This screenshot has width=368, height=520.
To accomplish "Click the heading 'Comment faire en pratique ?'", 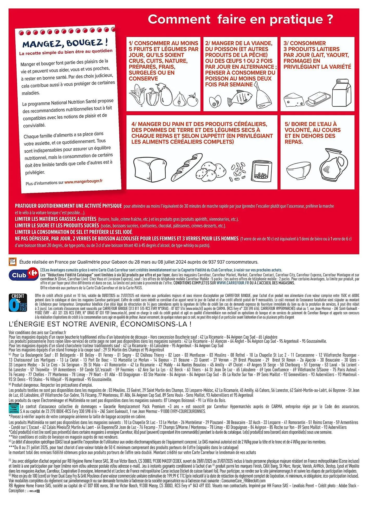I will [240, 19].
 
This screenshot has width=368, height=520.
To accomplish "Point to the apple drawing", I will [193, 100].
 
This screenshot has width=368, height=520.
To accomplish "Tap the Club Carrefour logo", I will [23, 275].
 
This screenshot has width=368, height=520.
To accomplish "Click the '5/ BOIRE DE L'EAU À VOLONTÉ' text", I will [312, 133].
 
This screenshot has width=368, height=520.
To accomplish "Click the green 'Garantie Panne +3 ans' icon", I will [14, 408].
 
